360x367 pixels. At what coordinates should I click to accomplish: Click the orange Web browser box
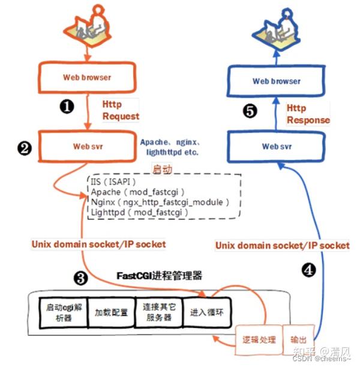pos(87,77)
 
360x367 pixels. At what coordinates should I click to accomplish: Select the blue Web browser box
pos(277,81)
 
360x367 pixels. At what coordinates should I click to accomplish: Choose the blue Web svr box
pos(277,146)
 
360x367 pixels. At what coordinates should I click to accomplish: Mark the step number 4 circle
pos(307,270)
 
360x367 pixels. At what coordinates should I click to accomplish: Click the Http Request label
pos(120,109)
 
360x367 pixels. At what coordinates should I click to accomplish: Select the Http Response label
pos(308,114)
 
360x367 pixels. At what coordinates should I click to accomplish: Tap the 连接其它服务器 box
pos(158,312)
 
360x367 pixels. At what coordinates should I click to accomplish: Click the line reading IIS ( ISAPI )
pos(115,181)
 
